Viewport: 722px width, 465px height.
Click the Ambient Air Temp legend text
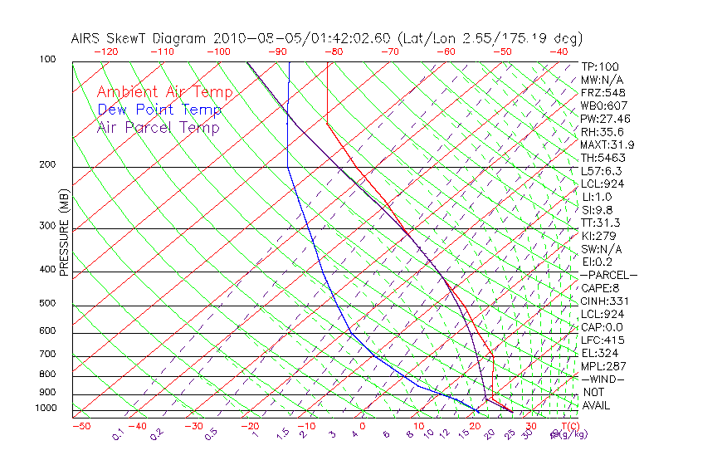[x=164, y=92]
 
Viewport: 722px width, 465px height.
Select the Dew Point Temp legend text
[x=159, y=110]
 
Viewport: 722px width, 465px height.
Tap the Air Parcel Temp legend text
[x=158, y=127]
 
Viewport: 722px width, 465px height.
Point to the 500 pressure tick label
[x=47, y=304]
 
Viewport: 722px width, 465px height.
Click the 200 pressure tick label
[x=47, y=165]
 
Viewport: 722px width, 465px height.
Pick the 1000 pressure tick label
[x=45, y=408]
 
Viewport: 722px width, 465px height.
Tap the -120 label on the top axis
[x=105, y=51]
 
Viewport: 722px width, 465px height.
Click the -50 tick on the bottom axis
[x=80, y=426]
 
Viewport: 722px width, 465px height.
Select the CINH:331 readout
[x=602, y=301]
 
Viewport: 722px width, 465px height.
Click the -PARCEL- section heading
[x=608, y=275]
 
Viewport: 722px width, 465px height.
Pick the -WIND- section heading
[x=603, y=379]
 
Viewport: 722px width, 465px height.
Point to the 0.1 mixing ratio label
[x=119, y=434]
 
